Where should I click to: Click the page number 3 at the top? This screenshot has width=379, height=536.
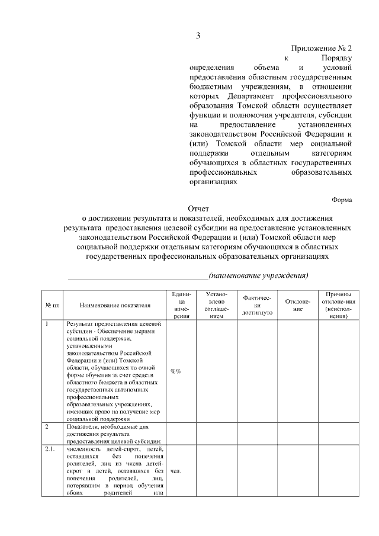click(x=198, y=36)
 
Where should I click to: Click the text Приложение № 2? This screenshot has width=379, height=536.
click(x=322, y=49)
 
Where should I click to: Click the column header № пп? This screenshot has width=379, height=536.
click(x=52, y=305)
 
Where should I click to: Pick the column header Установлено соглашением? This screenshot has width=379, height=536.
click(x=216, y=305)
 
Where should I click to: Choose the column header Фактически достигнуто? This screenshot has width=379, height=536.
click(x=257, y=305)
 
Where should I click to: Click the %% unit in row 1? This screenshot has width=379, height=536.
click(x=176, y=371)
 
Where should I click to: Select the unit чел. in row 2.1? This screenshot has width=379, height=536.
click(x=175, y=471)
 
